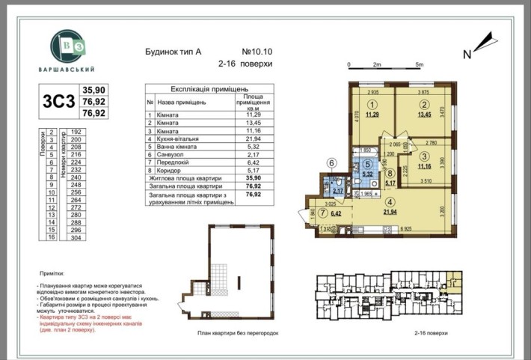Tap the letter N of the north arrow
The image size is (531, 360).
click(467, 53)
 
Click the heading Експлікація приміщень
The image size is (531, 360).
click(197, 88)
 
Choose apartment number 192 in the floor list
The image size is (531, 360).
click(75, 131)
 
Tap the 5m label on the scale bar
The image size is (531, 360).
click(420, 65)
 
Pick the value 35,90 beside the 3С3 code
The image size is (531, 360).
click(93, 88)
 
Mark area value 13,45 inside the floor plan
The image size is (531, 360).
click(424, 115)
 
